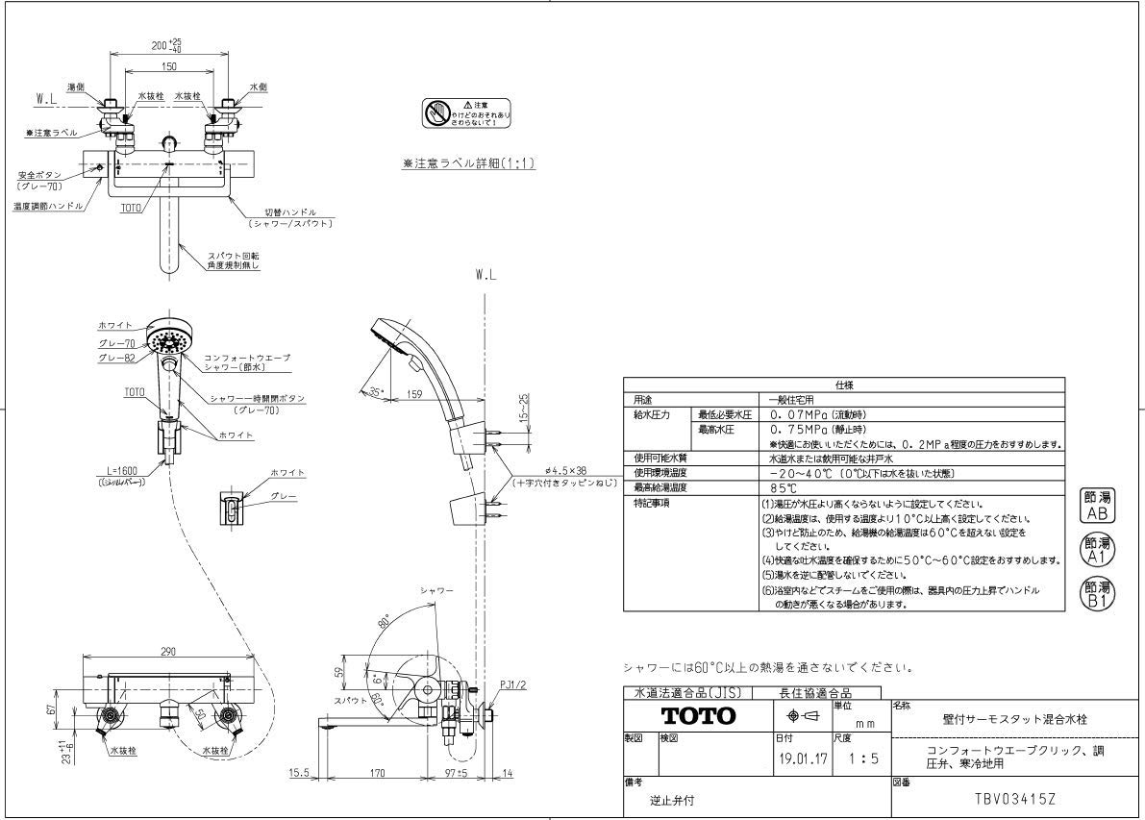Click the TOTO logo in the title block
[698, 716]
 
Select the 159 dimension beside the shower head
[415, 392]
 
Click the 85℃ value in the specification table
[783, 488]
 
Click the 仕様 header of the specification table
[844, 384]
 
